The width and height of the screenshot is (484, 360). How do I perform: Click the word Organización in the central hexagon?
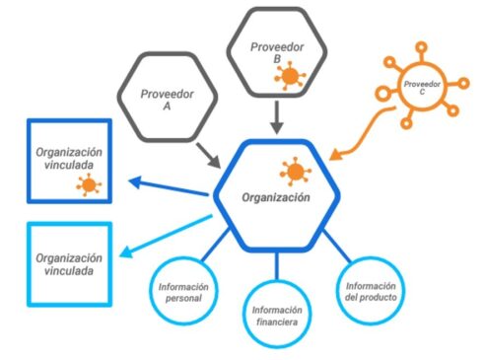click(x=276, y=197)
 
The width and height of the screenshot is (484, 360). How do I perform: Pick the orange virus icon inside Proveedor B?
click(x=290, y=76)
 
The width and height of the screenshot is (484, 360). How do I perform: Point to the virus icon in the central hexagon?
click(x=295, y=172)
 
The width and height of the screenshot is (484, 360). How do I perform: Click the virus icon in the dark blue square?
click(x=89, y=185)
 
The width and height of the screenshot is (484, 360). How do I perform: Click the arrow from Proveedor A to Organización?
click(x=208, y=155)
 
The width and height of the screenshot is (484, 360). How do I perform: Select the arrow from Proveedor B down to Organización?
click(x=277, y=117)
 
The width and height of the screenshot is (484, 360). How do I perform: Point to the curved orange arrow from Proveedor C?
click(x=367, y=131)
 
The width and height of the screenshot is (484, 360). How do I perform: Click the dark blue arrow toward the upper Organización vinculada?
click(x=169, y=187)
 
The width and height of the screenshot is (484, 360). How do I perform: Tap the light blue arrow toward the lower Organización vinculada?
click(x=166, y=236)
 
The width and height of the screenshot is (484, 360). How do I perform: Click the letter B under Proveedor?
click(x=277, y=59)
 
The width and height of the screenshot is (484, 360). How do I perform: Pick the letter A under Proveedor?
click(x=167, y=107)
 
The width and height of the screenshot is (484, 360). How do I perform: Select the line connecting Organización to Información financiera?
click(x=277, y=266)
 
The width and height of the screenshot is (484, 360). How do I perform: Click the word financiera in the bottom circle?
click(x=277, y=322)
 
